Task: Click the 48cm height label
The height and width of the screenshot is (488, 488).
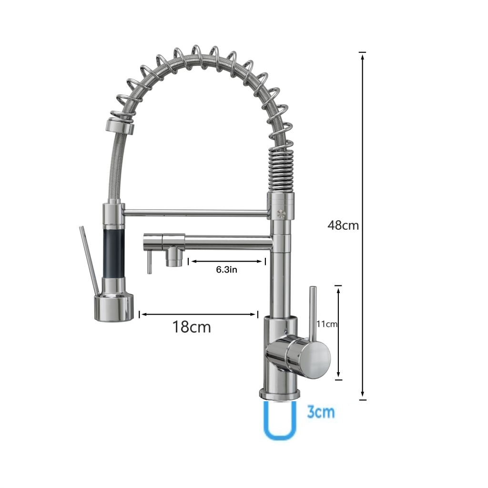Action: (x=343, y=225)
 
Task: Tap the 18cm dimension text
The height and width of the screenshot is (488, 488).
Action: (x=192, y=327)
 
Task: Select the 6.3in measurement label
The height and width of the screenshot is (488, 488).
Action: (x=226, y=270)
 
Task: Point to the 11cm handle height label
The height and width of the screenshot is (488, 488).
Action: (x=327, y=324)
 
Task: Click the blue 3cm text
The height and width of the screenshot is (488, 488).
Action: (x=321, y=412)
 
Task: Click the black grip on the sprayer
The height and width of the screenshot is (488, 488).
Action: (x=114, y=254)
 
